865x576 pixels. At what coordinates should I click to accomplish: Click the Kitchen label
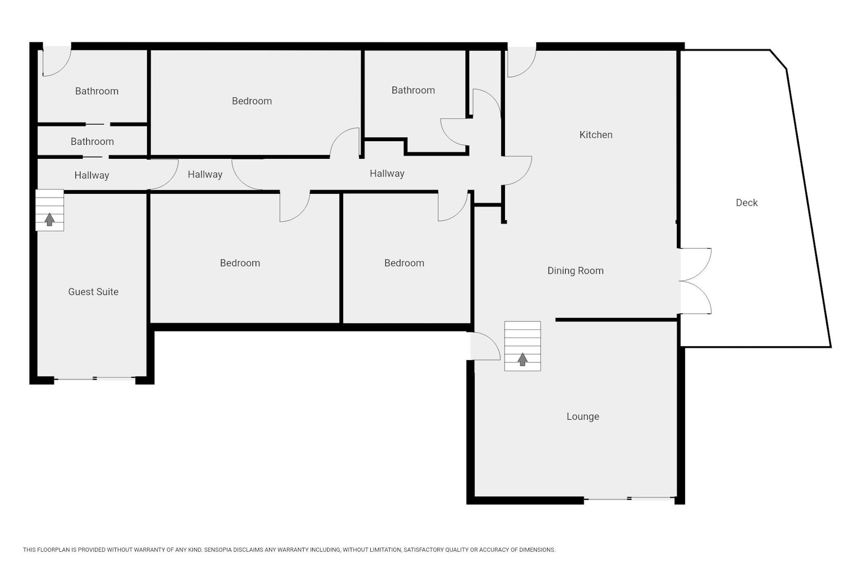click(x=596, y=135)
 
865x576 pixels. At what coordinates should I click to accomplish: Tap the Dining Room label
click(x=575, y=271)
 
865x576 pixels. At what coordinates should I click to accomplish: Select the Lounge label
click(x=583, y=416)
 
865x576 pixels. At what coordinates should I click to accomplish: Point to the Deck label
click(x=747, y=202)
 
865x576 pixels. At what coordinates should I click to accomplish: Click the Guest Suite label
click(x=94, y=292)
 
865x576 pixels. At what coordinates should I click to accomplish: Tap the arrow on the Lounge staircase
click(x=523, y=359)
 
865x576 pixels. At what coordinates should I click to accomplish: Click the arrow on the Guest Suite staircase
click(x=49, y=219)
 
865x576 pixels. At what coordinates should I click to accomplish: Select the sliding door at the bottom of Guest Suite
click(x=95, y=378)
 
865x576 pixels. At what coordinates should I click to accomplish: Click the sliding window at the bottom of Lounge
click(x=629, y=499)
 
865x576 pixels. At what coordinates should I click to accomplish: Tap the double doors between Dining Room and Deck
click(x=695, y=281)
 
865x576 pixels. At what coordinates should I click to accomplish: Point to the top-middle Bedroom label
click(x=252, y=101)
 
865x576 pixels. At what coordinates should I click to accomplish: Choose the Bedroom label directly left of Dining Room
click(x=404, y=263)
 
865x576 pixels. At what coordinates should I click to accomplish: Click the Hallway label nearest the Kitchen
click(x=387, y=174)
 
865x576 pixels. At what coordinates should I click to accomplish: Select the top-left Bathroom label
click(x=97, y=91)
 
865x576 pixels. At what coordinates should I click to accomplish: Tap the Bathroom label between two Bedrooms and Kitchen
click(x=413, y=91)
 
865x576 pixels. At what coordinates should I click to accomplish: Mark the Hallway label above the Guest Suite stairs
click(x=92, y=175)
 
